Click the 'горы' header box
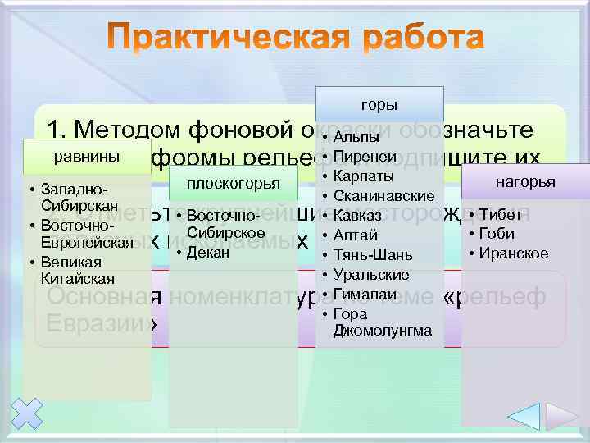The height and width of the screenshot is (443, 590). (379, 104)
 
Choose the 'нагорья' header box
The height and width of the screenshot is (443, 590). (525, 181)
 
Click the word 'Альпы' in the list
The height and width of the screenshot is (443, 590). (357, 137)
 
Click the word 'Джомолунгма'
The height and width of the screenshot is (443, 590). (382, 331)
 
